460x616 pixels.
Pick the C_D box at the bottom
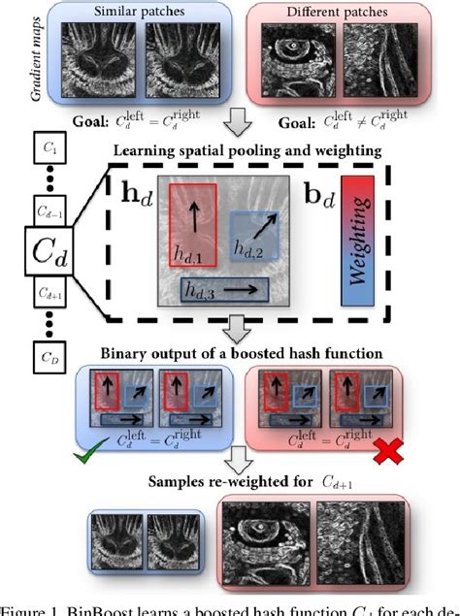[49, 358]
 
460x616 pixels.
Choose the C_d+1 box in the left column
[49, 292]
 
